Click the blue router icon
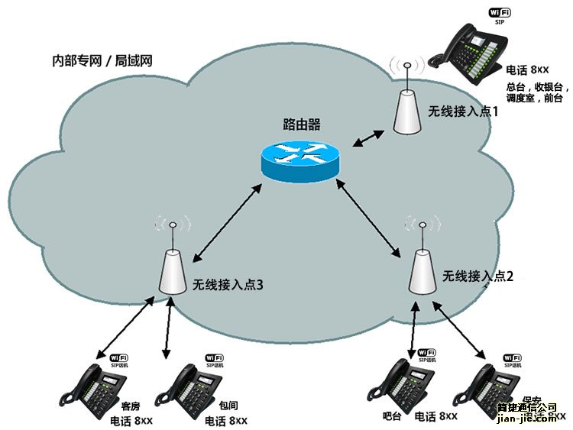click(299, 160)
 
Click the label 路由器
click(302, 124)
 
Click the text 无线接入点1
click(463, 112)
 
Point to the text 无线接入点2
click(478, 276)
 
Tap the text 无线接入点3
click(228, 285)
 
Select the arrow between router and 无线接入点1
click(369, 137)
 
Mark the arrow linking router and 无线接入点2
click(371, 219)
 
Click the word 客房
click(131, 406)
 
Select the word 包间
click(218, 407)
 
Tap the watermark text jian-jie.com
click(527, 419)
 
